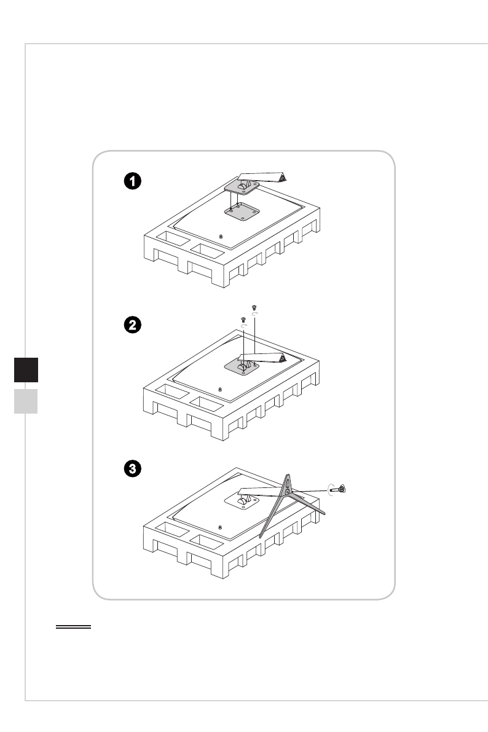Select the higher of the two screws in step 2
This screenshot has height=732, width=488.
click(254, 306)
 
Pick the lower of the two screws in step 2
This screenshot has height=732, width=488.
click(243, 318)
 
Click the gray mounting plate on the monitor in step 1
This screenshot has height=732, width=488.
click(239, 212)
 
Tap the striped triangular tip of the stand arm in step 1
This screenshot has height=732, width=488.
click(282, 177)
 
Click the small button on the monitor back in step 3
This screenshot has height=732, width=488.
click(221, 528)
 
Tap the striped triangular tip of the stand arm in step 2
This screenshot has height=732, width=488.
click(281, 356)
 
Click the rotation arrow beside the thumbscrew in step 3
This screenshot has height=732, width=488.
click(331, 488)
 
